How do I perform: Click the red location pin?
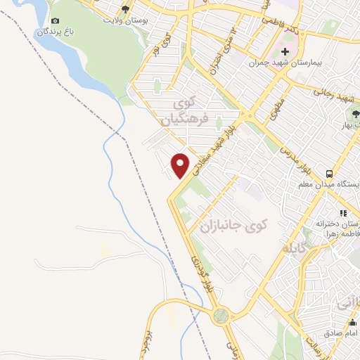(x=181, y=165)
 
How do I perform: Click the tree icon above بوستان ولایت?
(x=125, y=9)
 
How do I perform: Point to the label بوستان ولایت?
(x=125, y=20)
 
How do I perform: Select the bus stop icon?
(x=329, y=174)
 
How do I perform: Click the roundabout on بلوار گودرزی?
(x=222, y=316)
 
